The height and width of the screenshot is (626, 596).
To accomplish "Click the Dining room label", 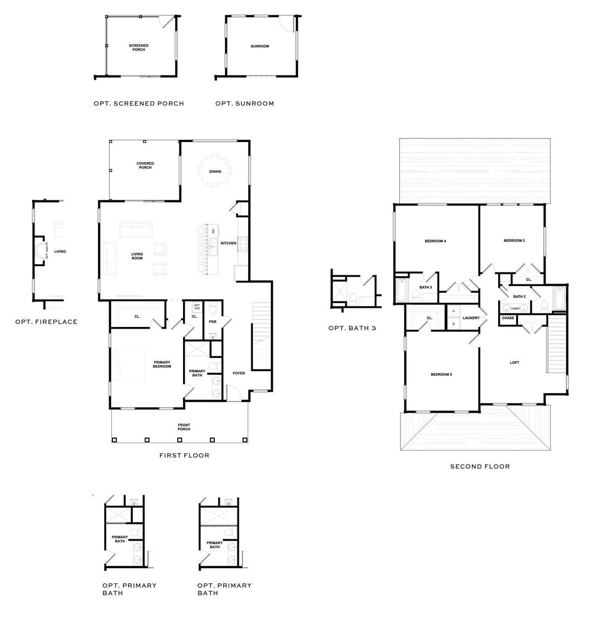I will click(x=215, y=171).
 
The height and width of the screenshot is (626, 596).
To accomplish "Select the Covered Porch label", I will click(x=145, y=165).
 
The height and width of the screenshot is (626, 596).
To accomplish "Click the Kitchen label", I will click(x=228, y=243).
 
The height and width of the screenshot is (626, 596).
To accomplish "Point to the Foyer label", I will click(x=238, y=373).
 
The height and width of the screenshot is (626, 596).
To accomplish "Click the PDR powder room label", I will click(x=213, y=322).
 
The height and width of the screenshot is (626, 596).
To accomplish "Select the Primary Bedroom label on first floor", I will click(x=162, y=364).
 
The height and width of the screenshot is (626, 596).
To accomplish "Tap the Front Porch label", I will click(x=183, y=427).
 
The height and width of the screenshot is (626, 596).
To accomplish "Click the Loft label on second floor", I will click(x=514, y=362).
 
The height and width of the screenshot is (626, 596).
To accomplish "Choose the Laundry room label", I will click(x=471, y=318).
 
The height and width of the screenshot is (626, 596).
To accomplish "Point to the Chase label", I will click(x=508, y=318).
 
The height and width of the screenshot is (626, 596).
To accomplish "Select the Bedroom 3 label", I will click(x=514, y=240).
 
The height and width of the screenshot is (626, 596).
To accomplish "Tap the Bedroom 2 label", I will click(x=441, y=374).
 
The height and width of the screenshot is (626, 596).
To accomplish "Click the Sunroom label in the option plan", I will click(x=259, y=46).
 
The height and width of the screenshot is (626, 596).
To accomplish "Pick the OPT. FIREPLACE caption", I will click(x=46, y=322).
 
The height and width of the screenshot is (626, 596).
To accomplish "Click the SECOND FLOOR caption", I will click(x=480, y=466).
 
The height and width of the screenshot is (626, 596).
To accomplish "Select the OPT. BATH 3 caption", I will click(x=352, y=328).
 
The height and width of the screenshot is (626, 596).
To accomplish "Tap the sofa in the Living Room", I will click(x=136, y=230).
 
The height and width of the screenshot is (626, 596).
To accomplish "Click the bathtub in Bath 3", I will click(x=401, y=290).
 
